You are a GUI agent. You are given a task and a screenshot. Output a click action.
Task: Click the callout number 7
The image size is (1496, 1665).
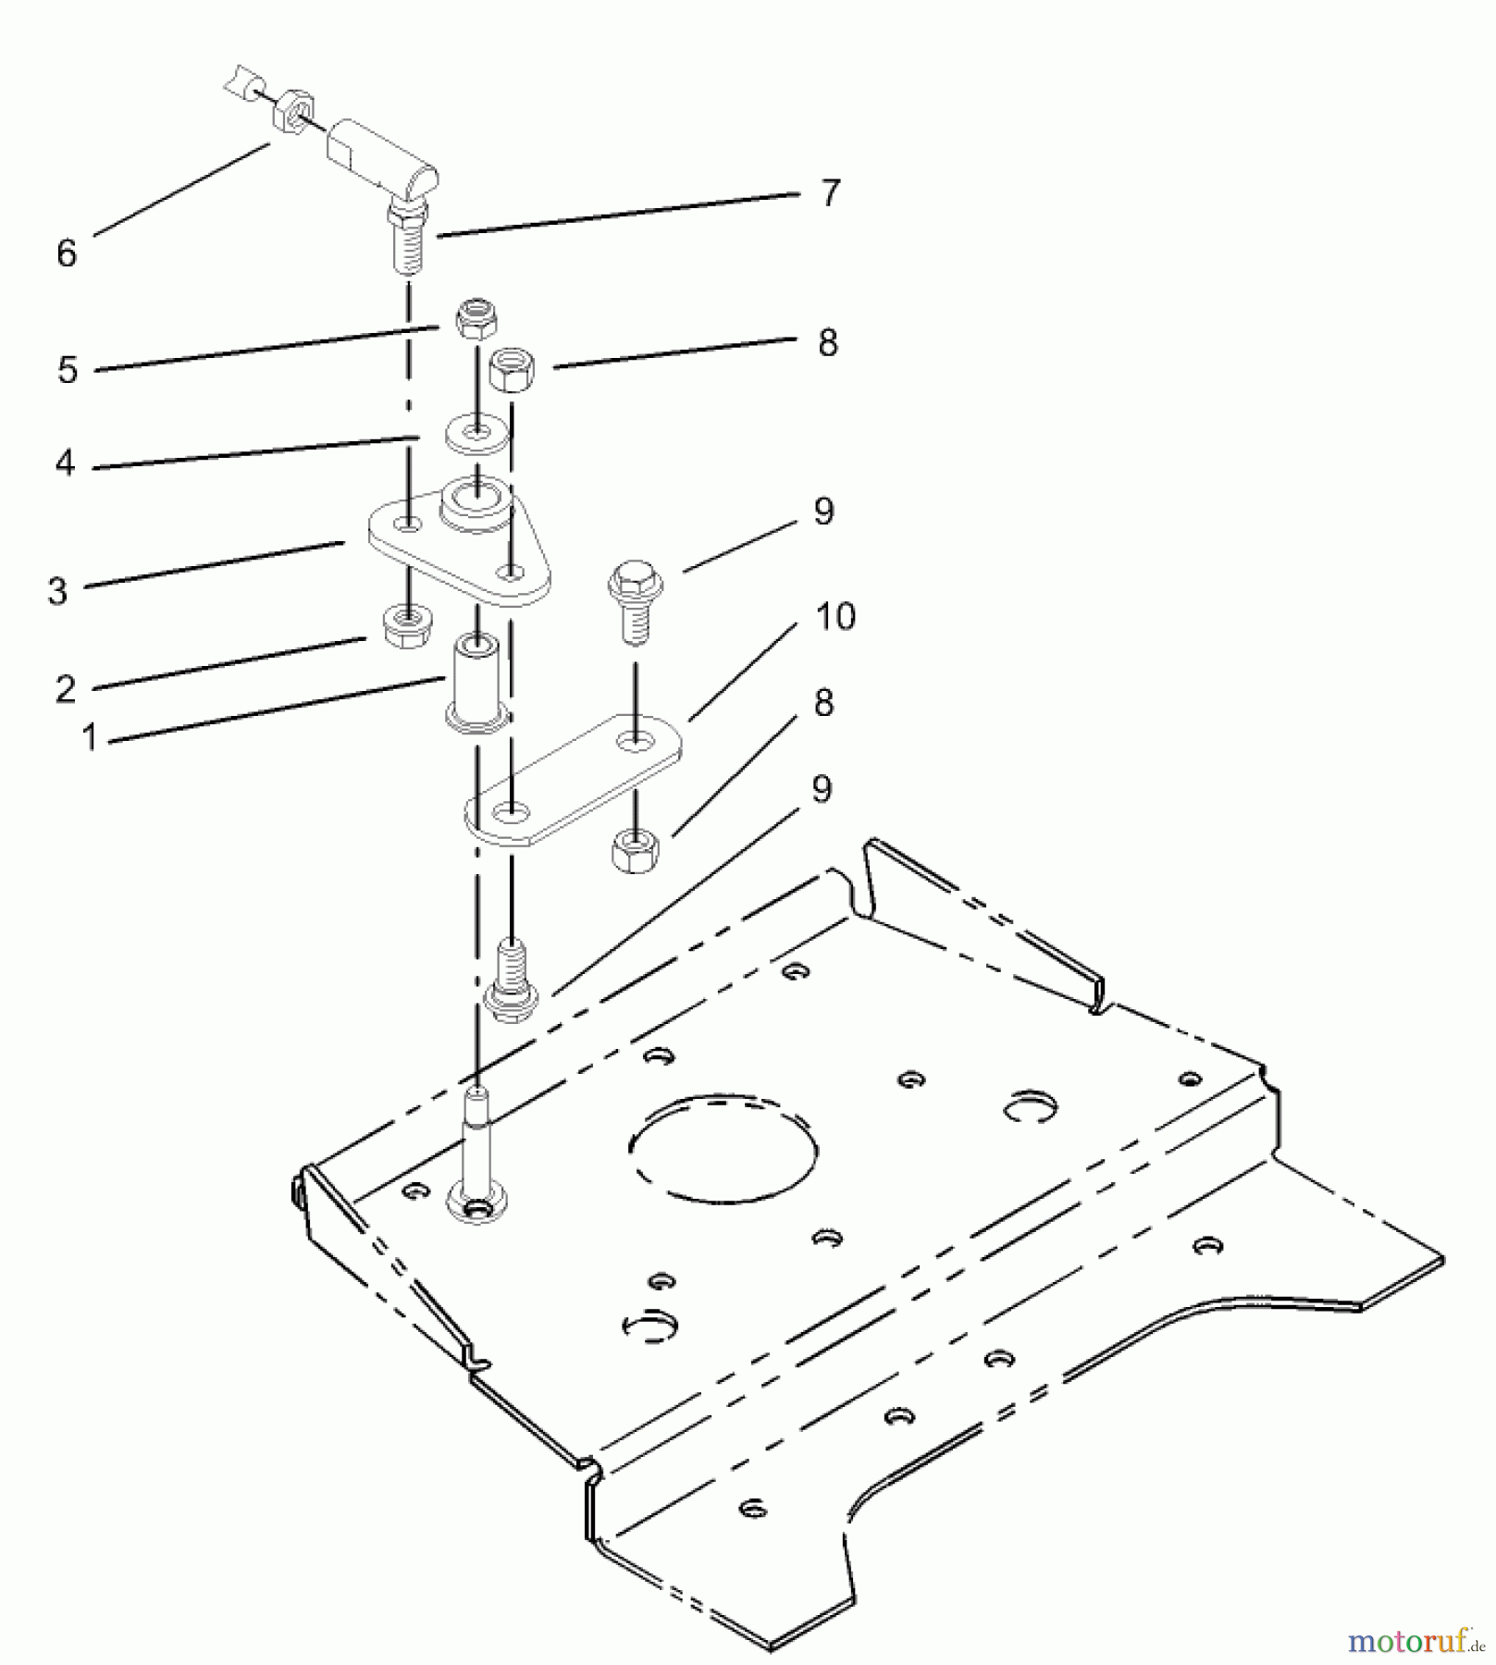pos(830,193)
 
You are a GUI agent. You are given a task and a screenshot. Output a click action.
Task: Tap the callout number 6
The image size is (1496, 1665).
pos(66,253)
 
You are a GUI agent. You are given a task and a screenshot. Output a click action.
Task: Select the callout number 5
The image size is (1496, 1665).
pos(67,370)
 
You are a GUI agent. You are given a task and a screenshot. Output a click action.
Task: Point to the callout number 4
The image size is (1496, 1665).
pos(65,462)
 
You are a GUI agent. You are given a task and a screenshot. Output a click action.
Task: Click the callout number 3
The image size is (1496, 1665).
pos(58,590)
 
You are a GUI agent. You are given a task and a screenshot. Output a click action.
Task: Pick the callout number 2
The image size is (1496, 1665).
pos(65,688)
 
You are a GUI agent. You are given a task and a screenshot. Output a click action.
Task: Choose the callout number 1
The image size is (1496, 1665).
pos(89,737)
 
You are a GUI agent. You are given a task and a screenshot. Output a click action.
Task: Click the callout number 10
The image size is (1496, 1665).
pos(835,617)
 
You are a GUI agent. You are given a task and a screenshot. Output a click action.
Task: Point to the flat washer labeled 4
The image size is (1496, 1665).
pos(477,434)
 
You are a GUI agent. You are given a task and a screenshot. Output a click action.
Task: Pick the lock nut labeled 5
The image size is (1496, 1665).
pos(477,321)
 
